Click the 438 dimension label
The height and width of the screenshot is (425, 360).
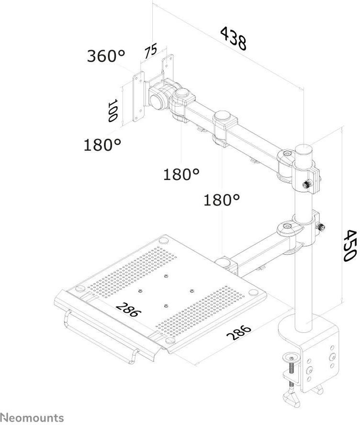(x=234, y=38)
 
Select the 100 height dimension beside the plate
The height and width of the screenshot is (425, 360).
(x=112, y=110)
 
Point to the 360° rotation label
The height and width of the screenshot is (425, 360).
(x=106, y=56)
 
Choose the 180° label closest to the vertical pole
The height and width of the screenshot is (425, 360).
(x=222, y=200)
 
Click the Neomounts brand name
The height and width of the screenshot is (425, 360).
(x=32, y=417)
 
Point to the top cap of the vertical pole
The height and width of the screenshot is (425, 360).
(x=303, y=149)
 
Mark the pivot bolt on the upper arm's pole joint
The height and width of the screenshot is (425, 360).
(x=286, y=154)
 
